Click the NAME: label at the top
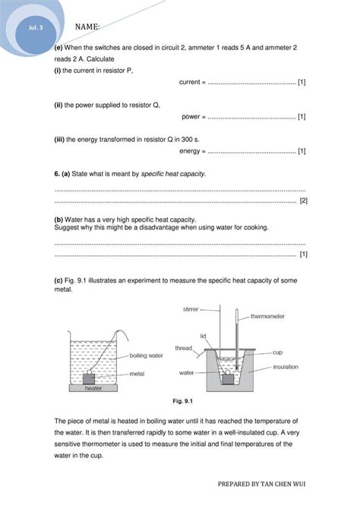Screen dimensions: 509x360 click(87, 27)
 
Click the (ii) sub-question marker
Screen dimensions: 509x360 click(60, 106)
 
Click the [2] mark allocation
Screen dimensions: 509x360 click(303, 201)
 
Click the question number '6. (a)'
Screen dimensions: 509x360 click(67, 174)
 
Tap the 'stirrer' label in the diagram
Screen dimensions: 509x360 click(191, 309)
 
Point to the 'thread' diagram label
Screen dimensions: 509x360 click(184, 348)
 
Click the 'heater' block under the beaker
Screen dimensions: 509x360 click(93, 387)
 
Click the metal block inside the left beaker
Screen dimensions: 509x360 click(90, 375)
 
